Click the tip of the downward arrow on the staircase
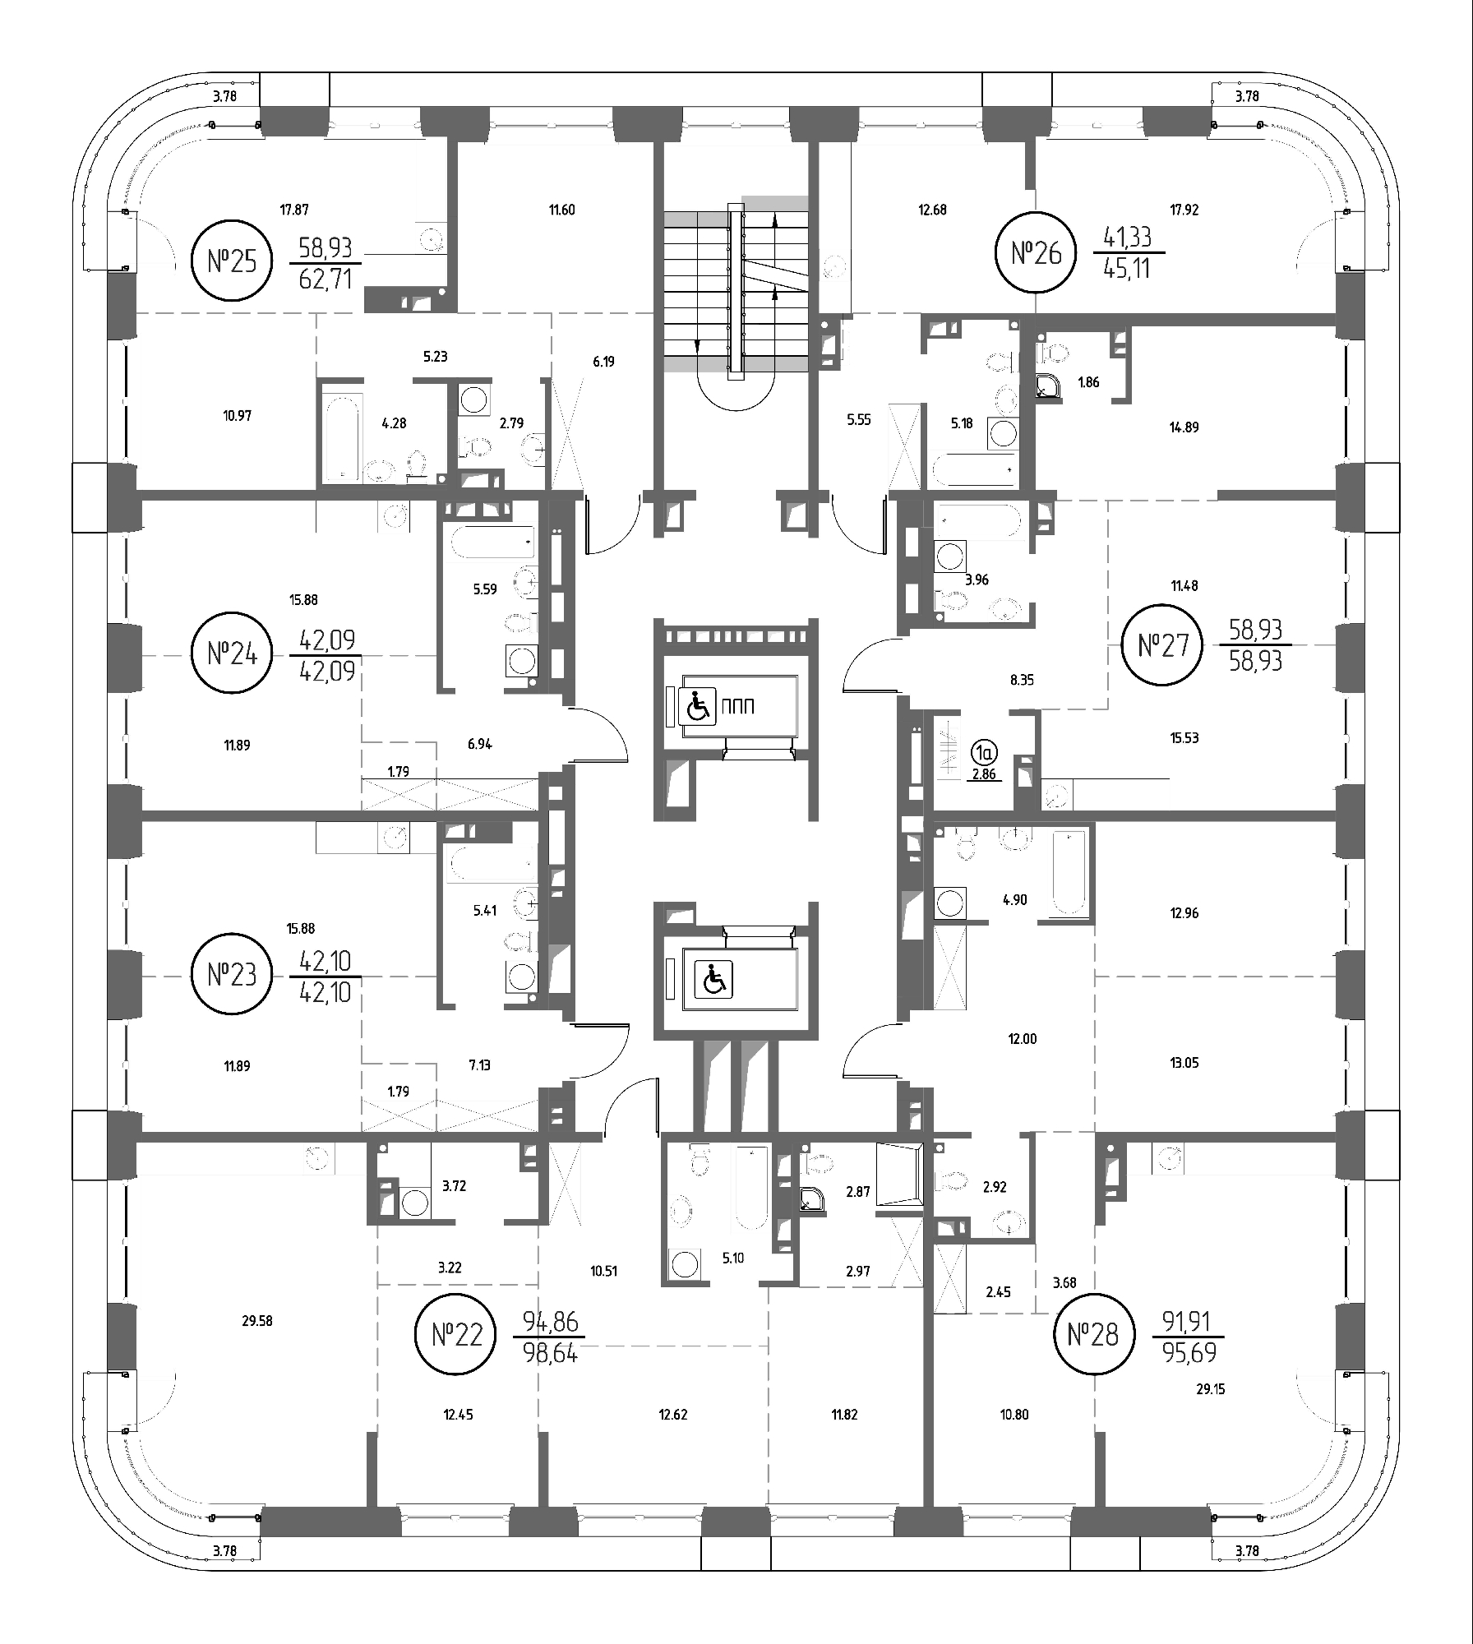coord(697,351)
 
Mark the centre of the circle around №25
coord(232,261)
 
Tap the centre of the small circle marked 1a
coord(984,751)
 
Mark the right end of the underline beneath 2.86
coord(1002,781)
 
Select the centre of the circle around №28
coord(1093,1333)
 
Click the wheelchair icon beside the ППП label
coord(698,706)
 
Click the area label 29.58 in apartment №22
coord(257,1321)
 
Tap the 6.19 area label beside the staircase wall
coord(604,361)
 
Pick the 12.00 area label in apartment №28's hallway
coord(1023,1039)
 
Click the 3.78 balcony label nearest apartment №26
coord(1247,96)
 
